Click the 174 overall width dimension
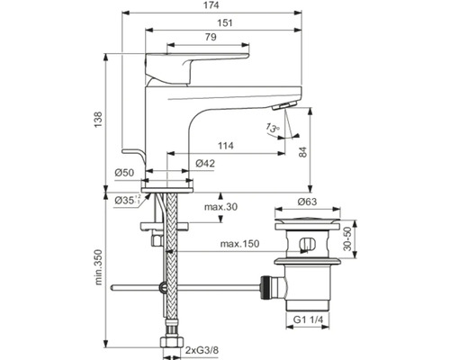pyautogui.click(x=211, y=5)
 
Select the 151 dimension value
pyautogui.click(x=225, y=22)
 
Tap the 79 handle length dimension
pyautogui.click(x=211, y=37)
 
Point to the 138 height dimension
pyautogui.click(x=98, y=120)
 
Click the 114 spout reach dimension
pyautogui.click(x=225, y=146)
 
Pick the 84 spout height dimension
pyautogui.click(x=303, y=152)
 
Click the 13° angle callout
pyautogui.click(x=273, y=128)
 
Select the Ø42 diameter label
pyautogui.click(x=205, y=164)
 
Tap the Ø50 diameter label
pyautogui.click(x=124, y=173)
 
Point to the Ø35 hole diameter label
pyautogui.click(x=128, y=200)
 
